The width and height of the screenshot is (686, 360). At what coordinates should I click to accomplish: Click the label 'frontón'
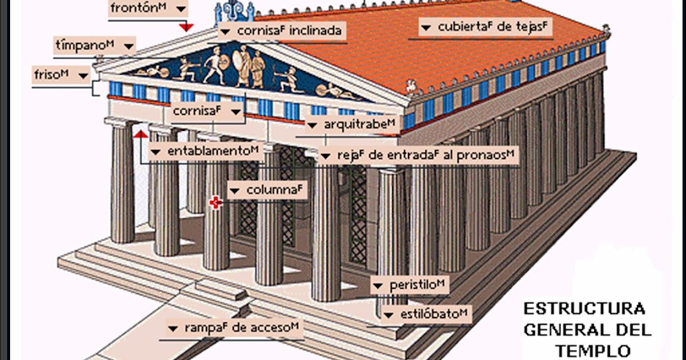click(147, 9)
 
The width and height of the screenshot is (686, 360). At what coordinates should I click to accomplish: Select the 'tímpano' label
click(95, 45)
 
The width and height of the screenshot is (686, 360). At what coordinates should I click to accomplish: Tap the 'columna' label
click(268, 189)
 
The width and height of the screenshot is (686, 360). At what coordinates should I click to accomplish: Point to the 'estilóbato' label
click(427, 314)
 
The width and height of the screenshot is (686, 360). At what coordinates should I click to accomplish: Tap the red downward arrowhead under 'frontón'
click(186, 27)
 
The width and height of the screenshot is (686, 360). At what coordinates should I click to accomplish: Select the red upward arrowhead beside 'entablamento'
click(138, 134)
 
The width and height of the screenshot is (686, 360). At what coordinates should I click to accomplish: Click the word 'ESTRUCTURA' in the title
click(584, 309)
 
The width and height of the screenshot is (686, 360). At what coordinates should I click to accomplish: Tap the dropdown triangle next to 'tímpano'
click(129, 45)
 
